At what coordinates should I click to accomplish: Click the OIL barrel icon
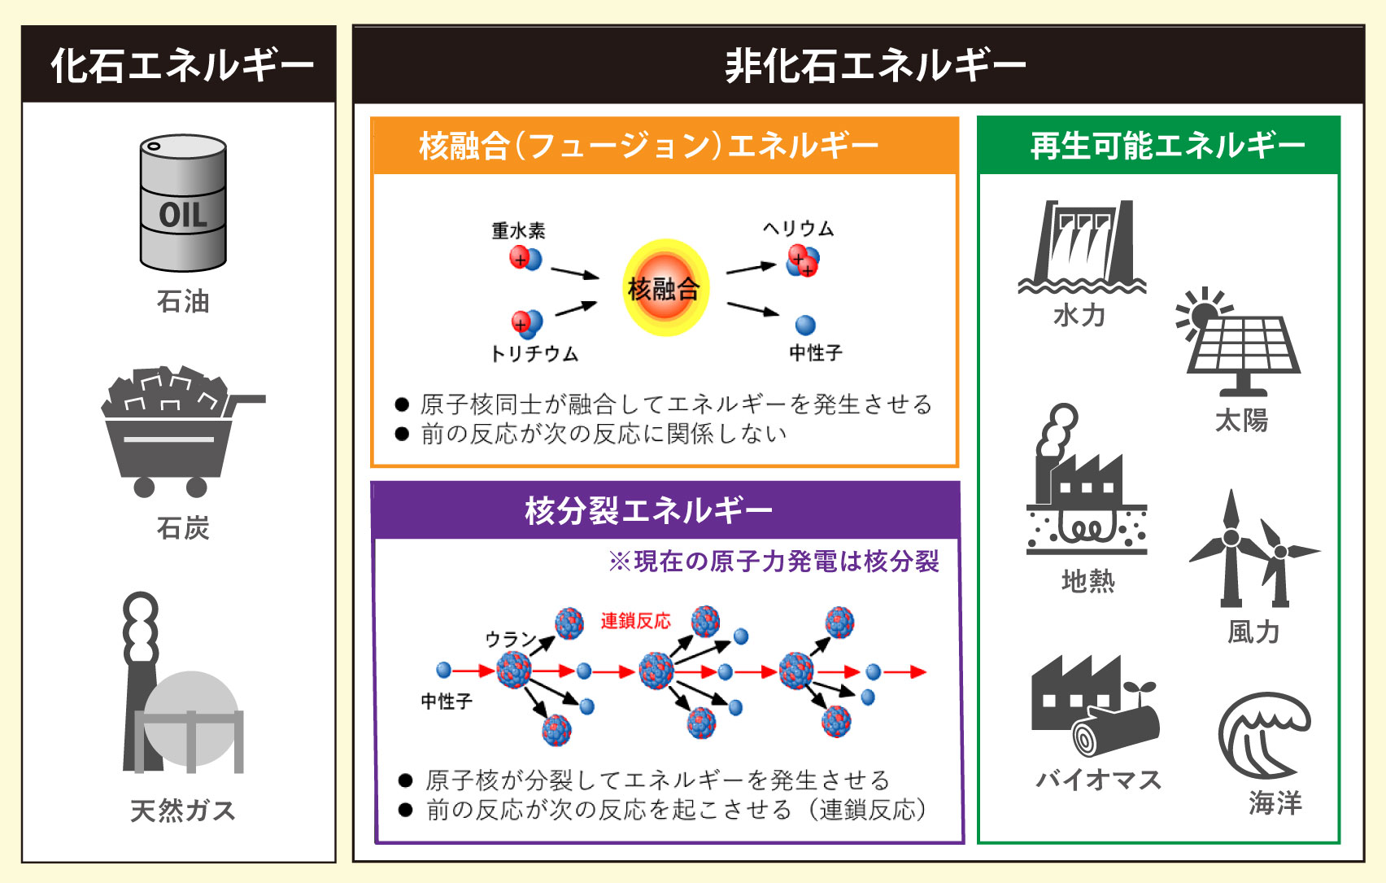[183, 203]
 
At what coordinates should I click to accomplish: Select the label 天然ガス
[183, 811]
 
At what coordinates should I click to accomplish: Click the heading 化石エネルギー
[181, 65]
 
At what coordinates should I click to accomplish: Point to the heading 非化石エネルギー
[875, 65]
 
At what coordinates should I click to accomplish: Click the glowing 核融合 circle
[665, 288]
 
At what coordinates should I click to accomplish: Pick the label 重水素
[518, 230]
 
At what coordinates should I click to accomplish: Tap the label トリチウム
[534, 354]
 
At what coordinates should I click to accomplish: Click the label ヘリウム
[799, 229]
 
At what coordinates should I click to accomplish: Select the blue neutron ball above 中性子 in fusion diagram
[805, 326]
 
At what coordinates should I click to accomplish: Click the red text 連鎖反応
[636, 621]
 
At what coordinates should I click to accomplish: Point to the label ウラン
[508, 640]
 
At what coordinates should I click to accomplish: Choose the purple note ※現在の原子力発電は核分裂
[774, 562]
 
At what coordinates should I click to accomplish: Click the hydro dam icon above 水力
[1082, 246]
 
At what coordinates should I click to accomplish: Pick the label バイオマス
[1099, 780]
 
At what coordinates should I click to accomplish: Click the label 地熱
[1088, 581]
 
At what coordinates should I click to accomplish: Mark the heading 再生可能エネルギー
[1168, 146]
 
